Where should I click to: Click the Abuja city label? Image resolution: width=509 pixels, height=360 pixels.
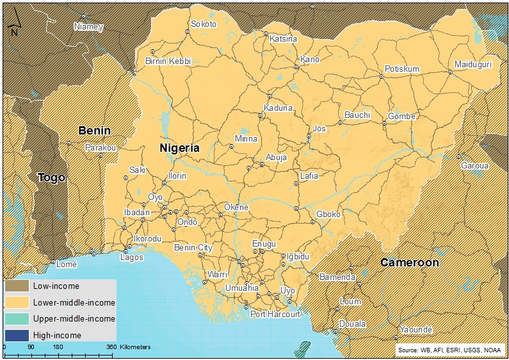click(x=276, y=157)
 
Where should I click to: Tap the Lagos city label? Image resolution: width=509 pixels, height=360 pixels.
click(x=132, y=258)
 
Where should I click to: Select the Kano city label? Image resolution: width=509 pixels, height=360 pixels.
click(x=309, y=60)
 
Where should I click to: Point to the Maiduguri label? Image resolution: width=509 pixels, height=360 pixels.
click(x=473, y=65)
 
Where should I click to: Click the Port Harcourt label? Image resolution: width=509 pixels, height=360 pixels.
click(x=275, y=315)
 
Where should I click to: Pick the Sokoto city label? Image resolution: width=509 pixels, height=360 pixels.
click(x=204, y=24)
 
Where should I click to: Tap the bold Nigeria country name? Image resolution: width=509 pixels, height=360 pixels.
click(x=179, y=147)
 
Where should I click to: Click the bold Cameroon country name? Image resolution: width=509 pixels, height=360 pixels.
click(x=410, y=263)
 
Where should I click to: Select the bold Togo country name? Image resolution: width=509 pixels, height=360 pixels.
click(x=51, y=177)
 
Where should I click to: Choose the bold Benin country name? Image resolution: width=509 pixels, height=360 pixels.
click(x=94, y=131)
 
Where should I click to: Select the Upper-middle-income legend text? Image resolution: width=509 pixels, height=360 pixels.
click(x=74, y=318)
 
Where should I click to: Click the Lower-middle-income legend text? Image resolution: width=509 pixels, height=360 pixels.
click(x=74, y=302)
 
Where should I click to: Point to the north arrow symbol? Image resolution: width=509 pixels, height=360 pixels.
click(x=13, y=26)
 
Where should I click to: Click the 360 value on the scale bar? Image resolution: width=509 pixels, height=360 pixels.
click(x=111, y=347)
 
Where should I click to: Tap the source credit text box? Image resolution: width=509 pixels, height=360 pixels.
click(x=450, y=350)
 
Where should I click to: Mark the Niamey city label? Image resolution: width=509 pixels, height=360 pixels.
click(x=88, y=27)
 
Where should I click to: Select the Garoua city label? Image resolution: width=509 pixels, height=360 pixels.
click(x=474, y=165)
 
